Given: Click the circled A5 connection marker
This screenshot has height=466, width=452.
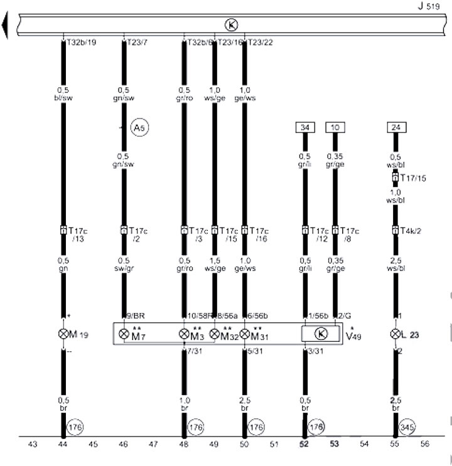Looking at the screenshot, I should [139, 128].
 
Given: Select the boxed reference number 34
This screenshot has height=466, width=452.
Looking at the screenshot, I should [305, 128].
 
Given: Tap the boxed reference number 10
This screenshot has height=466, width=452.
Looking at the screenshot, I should [335, 128].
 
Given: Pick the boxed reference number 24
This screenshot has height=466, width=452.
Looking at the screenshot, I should [395, 128].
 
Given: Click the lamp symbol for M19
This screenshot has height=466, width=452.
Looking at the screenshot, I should [63, 334].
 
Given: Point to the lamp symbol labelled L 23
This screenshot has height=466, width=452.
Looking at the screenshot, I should [395, 334].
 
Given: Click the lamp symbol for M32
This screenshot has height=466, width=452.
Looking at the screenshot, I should [215, 334].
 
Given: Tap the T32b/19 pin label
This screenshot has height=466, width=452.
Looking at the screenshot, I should [80, 43].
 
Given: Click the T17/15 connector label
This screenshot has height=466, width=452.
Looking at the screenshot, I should [414, 179].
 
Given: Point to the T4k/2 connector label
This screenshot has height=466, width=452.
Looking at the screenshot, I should [412, 230].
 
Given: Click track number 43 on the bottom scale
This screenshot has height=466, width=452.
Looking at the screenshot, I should [33, 445].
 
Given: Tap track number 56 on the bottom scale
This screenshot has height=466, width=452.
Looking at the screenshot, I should [424, 445].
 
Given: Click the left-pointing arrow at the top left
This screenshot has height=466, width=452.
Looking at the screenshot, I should [6, 26].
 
